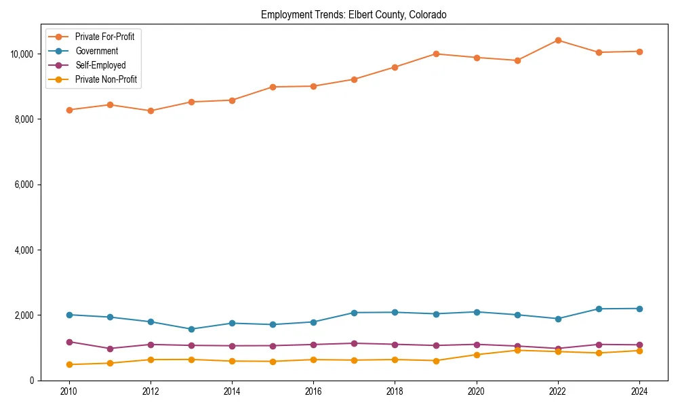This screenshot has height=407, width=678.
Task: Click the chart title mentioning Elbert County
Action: [x=354, y=15]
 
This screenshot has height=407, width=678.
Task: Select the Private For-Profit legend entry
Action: [x=104, y=37]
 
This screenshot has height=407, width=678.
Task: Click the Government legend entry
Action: [x=96, y=51]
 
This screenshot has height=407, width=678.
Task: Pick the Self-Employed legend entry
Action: [x=100, y=65]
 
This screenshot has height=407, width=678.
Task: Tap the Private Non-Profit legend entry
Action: [x=106, y=79]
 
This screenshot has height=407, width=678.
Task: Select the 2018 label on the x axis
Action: [x=395, y=391]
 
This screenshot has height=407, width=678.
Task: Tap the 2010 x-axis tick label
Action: [x=68, y=391]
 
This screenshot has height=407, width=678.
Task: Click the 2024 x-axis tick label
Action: [x=639, y=391]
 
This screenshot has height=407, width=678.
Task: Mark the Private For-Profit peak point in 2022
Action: [x=558, y=40]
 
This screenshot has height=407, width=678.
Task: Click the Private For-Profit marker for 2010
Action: [x=68, y=110]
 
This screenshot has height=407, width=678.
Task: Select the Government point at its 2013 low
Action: [x=191, y=329]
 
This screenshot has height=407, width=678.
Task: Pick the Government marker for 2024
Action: [x=639, y=309]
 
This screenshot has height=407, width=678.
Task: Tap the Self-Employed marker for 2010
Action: [x=68, y=342]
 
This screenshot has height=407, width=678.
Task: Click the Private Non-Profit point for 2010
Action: [x=68, y=364]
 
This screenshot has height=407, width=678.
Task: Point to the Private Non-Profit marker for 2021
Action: [x=517, y=350]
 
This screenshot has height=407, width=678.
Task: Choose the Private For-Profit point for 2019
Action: [x=436, y=54]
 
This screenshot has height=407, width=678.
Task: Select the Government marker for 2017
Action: [x=354, y=313]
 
